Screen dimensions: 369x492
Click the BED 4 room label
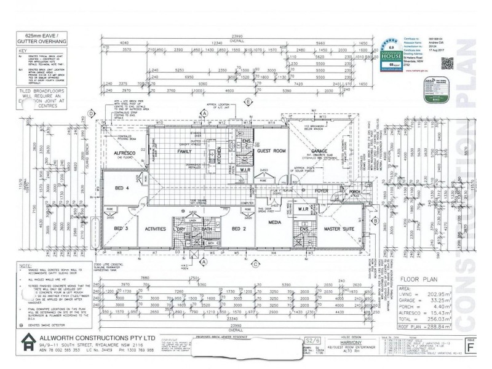[122, 188]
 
